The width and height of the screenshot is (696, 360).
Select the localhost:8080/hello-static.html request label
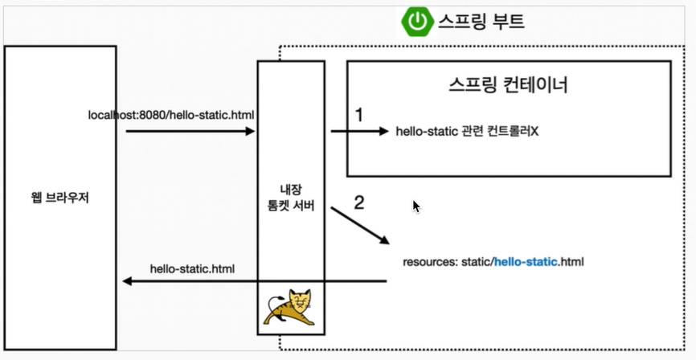tap(171, 115)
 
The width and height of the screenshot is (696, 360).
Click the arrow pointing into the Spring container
tap(358, 130)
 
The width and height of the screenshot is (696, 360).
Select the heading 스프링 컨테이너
tap(508, 85)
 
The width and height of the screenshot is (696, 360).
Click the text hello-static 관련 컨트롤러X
tap(467, 131)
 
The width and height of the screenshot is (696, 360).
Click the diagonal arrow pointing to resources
tap(360, 226)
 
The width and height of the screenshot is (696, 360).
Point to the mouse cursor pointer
tap(416, 207)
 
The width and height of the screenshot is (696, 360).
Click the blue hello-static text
tap(526, 262)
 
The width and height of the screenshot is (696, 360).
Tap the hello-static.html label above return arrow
tap(193, 268)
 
